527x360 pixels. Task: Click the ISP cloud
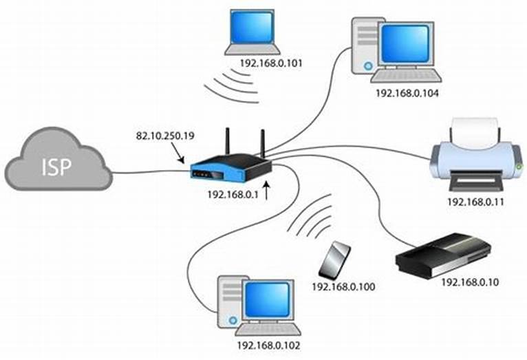point(58,164)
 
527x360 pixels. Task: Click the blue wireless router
point(230,169)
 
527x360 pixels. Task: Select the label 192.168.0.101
point(271,64)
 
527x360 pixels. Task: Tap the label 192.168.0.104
point(407,92)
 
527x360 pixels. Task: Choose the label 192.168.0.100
point(343,286)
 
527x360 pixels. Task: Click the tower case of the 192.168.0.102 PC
point(230,301)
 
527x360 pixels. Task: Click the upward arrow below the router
point(266,191)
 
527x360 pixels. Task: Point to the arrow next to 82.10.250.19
point(180,155)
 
